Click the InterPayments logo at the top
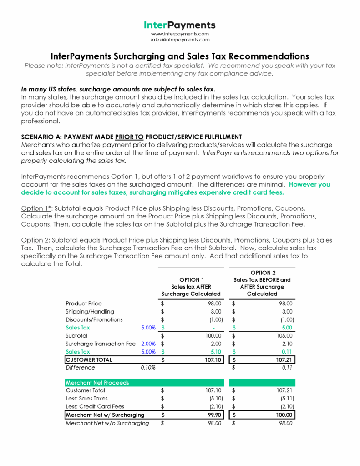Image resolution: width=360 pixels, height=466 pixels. (180, 25)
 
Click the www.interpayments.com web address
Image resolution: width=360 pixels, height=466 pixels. (180, 34)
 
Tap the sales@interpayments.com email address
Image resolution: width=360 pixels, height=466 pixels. (180, 40)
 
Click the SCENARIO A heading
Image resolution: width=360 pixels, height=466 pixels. (132, 137)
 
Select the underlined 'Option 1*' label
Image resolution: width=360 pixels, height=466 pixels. (36, 208)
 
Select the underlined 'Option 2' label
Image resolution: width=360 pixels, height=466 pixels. (35, 240)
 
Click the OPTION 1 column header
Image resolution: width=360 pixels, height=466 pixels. (191, 287)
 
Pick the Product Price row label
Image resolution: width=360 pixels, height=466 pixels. (84, 304)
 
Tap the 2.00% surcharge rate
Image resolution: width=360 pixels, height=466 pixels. (148, 344)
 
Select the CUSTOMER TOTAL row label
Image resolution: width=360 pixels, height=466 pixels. (89, 360)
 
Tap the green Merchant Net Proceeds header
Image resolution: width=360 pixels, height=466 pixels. (97, 383)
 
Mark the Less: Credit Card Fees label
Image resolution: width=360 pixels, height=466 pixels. (95, 406)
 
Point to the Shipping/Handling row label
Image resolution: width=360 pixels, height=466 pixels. (90, 312)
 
